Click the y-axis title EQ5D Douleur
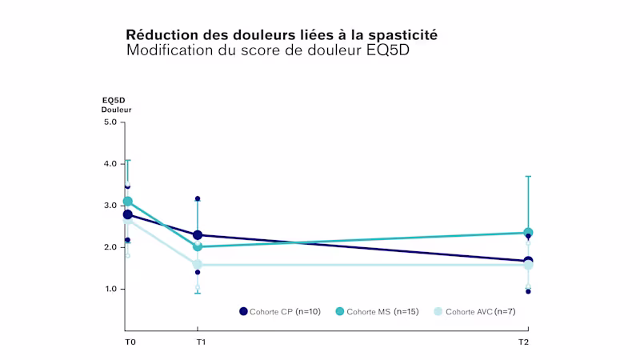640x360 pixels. point(116,104)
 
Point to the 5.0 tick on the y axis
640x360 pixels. point(110,122)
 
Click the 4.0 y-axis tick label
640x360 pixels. point(110,164)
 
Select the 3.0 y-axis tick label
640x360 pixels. point(110,206)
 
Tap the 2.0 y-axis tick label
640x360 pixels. point(110,247)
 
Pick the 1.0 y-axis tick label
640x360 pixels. point(110,289)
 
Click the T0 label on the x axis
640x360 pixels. point(130,342)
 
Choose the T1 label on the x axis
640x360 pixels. point(201,342)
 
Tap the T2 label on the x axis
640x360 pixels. point(523,342)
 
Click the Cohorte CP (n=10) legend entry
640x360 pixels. point(280,311)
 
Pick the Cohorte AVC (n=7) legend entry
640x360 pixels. point(472,311)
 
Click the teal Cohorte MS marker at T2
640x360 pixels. point(528,233)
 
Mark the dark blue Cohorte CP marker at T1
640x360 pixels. point(198,235)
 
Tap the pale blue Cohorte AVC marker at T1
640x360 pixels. point(198,264)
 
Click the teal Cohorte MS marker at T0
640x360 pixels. point(127,202)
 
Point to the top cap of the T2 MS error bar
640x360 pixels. point(528,176)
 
